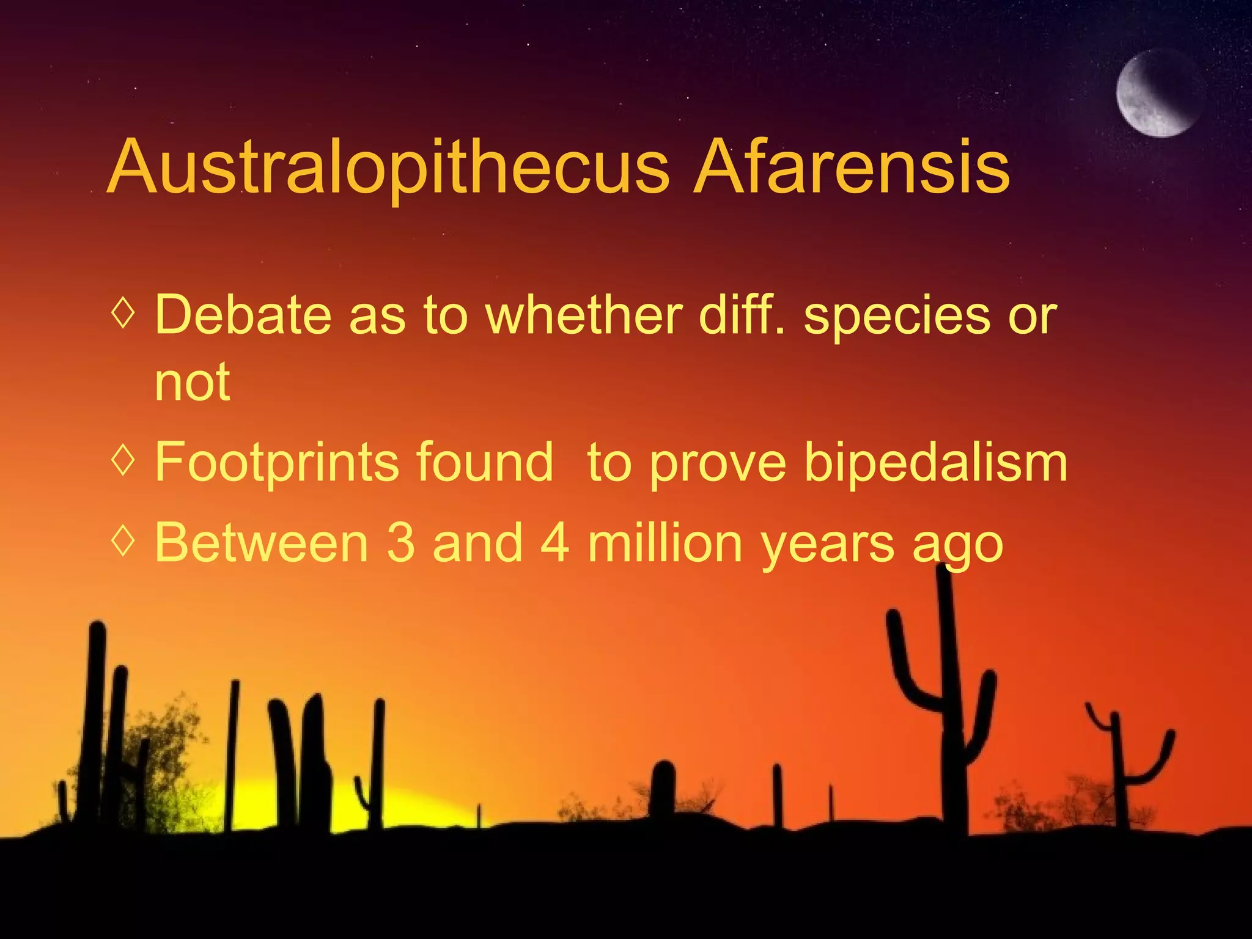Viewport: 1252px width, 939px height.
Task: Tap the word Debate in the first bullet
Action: tap(243, 315)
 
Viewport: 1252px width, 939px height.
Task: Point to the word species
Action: tap(896, 317)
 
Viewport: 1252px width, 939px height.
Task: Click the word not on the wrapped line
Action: tap(192, 383)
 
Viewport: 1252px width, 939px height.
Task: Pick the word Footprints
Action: tap(276, 463)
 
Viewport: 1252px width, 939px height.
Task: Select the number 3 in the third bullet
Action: tap(400, 543)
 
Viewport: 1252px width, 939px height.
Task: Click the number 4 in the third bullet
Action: tap(555, 543)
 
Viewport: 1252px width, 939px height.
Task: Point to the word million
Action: tap(665, 543)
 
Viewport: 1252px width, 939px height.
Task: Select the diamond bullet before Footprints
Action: tap(123, 460)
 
